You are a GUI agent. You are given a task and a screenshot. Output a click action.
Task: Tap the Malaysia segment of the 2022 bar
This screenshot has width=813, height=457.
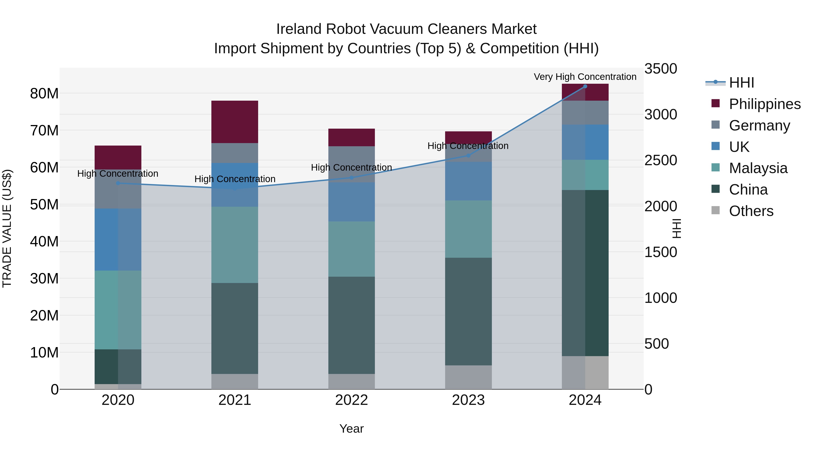pos(351,249)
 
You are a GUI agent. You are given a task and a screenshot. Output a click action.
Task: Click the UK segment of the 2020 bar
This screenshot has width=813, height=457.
pos(118,239)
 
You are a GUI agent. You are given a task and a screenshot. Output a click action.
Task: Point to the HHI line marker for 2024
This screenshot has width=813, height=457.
pos(585,86)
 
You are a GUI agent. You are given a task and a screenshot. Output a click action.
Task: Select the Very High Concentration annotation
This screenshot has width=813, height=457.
pos(585,77)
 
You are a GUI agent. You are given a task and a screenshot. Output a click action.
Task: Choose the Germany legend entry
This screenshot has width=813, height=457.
pos(759,125)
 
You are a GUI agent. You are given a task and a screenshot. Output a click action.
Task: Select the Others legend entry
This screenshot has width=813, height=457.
pos(751,211)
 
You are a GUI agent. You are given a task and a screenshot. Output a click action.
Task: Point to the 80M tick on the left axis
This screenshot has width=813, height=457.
pos(44,94)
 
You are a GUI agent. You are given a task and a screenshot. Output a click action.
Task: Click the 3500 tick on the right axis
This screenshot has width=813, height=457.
pos(661,69)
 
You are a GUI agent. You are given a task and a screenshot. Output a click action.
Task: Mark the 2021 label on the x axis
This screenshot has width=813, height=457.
pos(234,400)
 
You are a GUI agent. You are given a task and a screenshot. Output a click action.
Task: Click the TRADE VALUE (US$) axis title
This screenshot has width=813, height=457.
pos(7,228)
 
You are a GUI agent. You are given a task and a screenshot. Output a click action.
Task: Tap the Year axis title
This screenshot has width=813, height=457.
pos(351,429)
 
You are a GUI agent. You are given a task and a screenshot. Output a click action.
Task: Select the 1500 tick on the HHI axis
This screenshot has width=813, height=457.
pos(661,252)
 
